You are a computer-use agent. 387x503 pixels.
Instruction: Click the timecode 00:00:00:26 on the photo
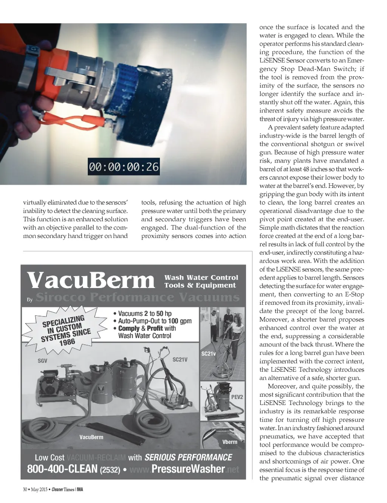124,167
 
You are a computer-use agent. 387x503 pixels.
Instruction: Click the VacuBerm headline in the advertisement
91,280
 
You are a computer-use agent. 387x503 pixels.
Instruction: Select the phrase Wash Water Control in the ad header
201,277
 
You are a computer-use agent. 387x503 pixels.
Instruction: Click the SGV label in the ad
42,361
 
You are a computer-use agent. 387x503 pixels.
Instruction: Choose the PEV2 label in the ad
237,397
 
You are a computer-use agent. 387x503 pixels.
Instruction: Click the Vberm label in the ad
229,442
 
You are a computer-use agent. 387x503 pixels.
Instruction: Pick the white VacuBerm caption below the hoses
91,437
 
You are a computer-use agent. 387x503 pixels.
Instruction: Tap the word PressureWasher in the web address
188,469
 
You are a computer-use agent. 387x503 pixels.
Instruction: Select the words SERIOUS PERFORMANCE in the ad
188,457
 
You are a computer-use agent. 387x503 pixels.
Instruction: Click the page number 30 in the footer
25,489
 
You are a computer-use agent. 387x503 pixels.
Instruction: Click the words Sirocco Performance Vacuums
138,297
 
